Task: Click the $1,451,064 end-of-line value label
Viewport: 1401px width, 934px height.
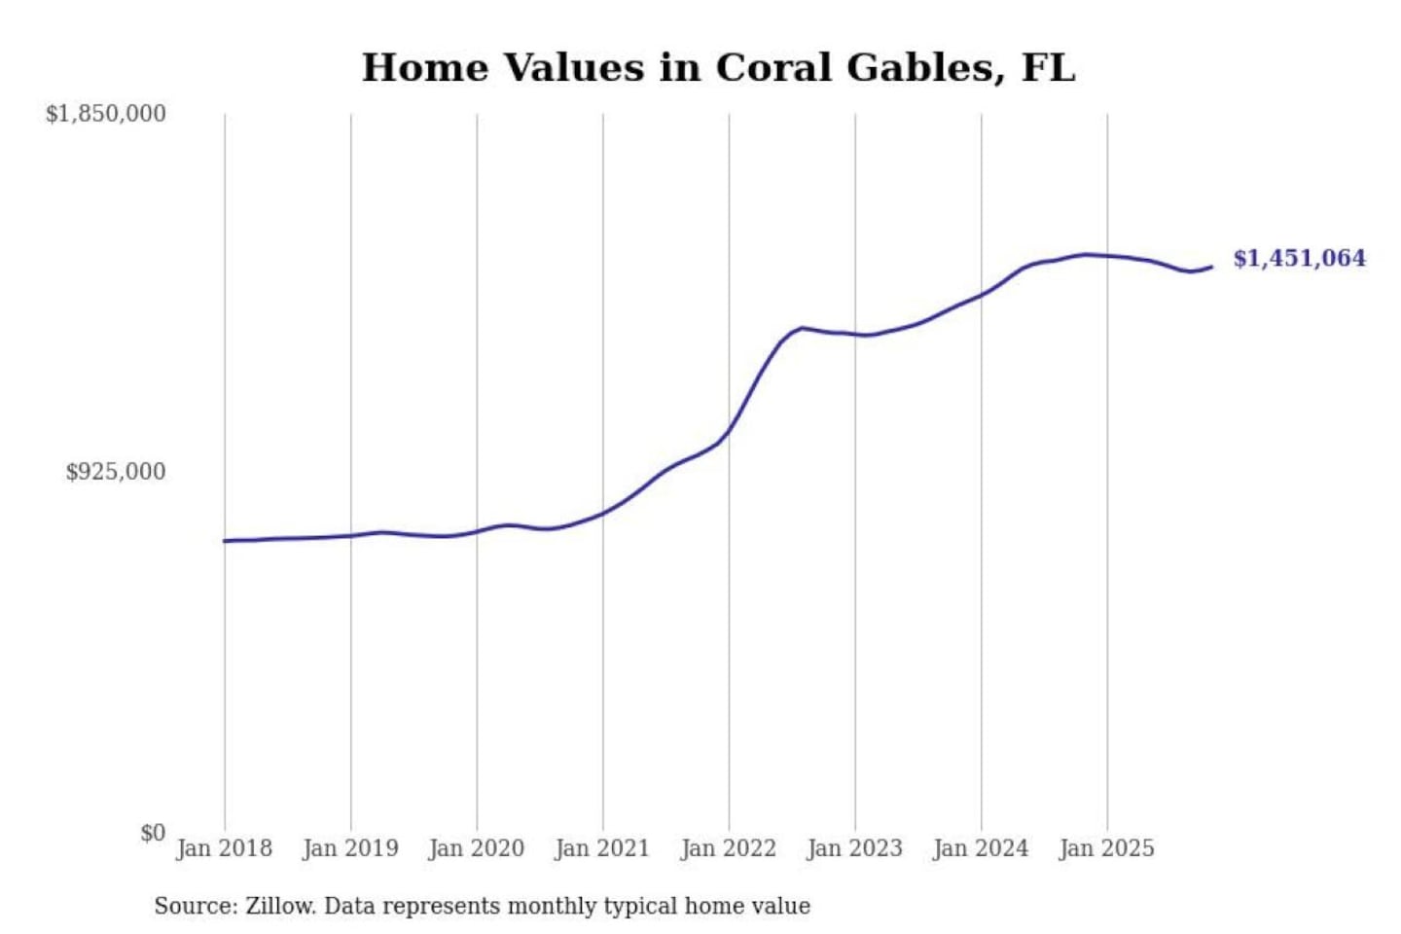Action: tap(1299, 259)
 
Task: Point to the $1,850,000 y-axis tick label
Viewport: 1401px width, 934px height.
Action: tap(106, 114)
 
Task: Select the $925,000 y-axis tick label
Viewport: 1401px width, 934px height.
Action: tap(116, 472)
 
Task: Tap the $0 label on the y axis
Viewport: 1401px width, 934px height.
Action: tap(153, 833)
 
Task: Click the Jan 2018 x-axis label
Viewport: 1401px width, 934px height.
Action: tap(225, 848)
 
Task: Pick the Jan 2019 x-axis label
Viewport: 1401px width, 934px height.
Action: tap(350, 848)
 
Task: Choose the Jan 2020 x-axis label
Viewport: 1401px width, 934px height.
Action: tap(477, 848)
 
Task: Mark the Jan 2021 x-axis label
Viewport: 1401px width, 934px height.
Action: tap(602, 848)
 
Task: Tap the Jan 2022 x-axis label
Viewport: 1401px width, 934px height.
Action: tap(729, 848)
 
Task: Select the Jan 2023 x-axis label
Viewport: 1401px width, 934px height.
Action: tap(855, 848)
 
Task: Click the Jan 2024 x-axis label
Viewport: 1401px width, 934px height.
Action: tap(981, 848)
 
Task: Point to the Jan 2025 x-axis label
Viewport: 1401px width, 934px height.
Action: tap(1107, 848)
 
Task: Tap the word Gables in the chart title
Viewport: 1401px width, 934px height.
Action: tap(924, 68)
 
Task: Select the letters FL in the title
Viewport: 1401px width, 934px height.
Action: tap(1049, 68)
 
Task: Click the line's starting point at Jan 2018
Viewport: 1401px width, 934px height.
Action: tap(225, 541)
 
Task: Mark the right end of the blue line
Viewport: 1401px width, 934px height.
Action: tap(1211, 267)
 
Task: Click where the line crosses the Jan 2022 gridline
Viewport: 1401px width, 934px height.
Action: tap(729, 431)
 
